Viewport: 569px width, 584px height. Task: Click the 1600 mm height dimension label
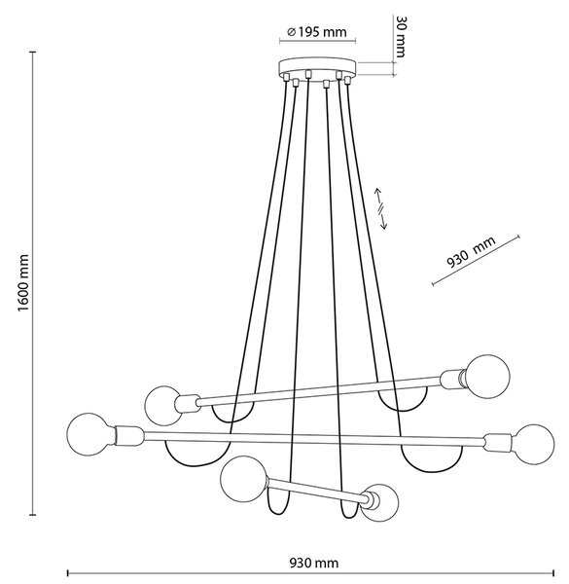coord(23,283)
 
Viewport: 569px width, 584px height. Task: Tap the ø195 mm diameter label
coord(317,32)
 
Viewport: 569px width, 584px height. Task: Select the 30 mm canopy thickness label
coord(400,37)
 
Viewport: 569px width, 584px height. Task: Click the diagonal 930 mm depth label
coord(471,252)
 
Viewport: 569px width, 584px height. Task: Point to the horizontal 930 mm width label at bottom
coord(314,563)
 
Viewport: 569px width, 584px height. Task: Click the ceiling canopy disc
coord(317,67)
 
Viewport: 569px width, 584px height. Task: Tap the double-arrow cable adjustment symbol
coord(380,208)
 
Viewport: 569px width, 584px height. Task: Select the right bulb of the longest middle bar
coord(532,445)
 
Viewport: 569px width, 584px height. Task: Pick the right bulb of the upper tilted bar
coord(487,377)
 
